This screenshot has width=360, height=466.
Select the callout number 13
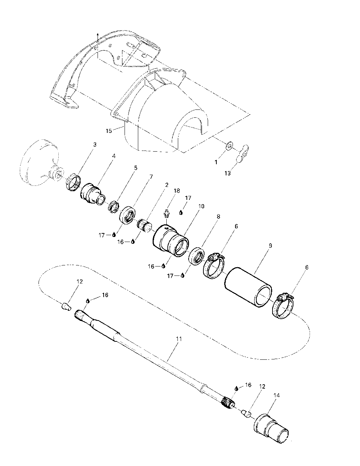pyautogui.click(x=228, y=173)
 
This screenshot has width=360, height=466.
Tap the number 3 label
pyautogui.click(x=95, y=144)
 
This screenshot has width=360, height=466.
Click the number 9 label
pyautogui.click(x=270, y=246)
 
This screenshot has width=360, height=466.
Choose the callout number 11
pyautogui.click(x=179, y=339)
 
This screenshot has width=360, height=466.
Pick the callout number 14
pyautogui.click(x=276, y=395)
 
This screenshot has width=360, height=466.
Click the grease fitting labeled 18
pyautogui.click(x=167, y=214)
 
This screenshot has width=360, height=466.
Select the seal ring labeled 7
pyautogui.click(x=127, y=215)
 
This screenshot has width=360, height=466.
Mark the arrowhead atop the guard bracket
pyautogui.click(x=97, y=34)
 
